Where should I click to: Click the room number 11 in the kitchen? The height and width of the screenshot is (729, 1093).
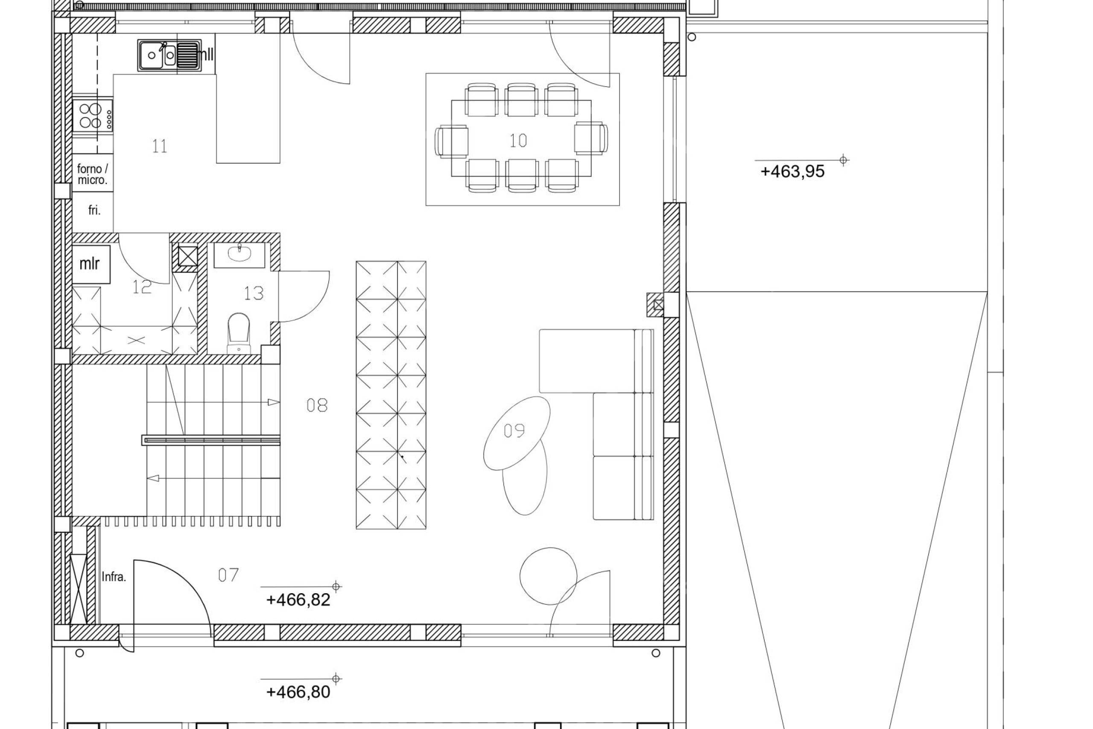(x=159, y=146)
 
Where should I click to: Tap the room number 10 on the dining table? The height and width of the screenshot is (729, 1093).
(x=518, y=141)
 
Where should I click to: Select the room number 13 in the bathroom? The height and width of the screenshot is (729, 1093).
(x=254, y=293)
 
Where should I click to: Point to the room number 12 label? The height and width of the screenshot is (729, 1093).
(x=142, y=287)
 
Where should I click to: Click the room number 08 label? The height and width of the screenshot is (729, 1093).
(x=317, y=405)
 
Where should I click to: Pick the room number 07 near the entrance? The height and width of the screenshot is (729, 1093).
(x=228, y=575)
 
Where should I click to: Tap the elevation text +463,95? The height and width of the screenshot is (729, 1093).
(x=792, y=172)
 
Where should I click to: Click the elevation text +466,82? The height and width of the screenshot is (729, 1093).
(x=298, y=600)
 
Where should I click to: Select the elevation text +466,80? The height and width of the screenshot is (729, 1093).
(x=298, y=705)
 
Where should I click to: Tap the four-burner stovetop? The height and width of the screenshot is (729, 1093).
(x=93, y=116)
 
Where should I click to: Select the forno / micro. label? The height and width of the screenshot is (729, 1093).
(x=93, y=174)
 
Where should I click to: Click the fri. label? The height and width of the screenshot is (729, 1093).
(x=94, y=210)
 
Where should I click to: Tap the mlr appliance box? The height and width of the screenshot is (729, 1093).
(x=91, y=264)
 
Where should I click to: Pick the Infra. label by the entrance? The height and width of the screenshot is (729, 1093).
(x=114, y=577)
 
